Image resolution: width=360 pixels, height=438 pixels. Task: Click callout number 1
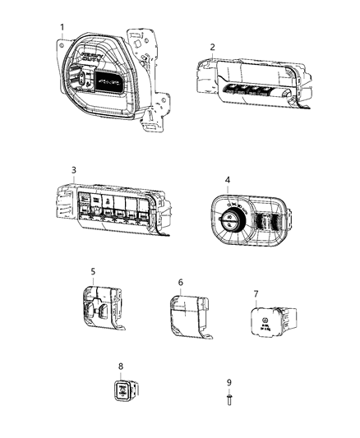(62, 27)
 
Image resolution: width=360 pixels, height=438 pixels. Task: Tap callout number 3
(73, 170)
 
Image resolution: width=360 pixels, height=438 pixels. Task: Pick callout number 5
(93, 270)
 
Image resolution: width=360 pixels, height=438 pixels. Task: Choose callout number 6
(180, 282)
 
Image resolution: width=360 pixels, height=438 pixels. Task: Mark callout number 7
(256, 293)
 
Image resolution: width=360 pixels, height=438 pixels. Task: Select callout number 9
(229, 381)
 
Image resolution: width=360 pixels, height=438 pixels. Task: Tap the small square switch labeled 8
(122, 391)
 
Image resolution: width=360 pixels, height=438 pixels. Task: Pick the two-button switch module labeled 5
(100, 311)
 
